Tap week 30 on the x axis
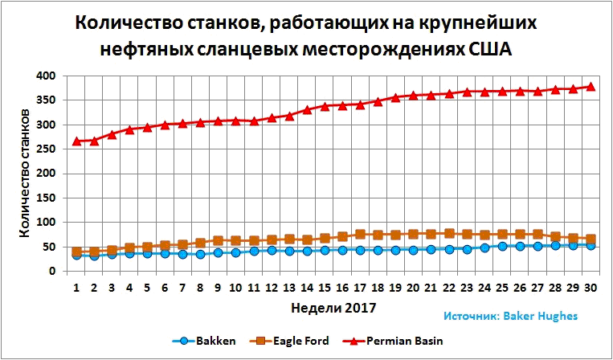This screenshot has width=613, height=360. click(x=589, y=287)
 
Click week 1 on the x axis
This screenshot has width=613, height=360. click(x=76, y=287)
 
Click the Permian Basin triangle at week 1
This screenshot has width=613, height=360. click(x=76, y=141)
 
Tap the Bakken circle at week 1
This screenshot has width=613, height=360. click(x=76, y=255)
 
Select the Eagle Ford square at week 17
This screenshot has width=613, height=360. click(x=359, y=235)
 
